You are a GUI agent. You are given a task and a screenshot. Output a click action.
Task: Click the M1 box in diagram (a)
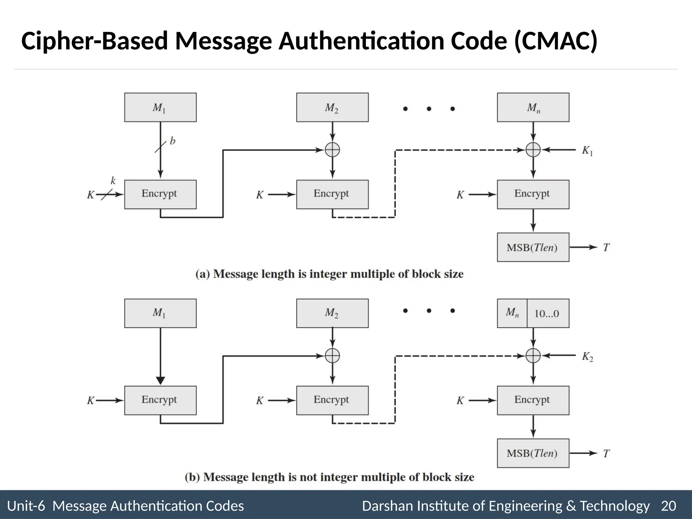(160, 107)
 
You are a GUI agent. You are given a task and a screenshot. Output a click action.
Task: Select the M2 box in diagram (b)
(332, 313)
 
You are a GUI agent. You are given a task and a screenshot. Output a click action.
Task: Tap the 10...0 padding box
(547, 313)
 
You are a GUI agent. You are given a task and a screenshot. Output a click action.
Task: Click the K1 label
(587, 151)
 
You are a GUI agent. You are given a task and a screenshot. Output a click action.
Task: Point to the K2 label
(587, 356)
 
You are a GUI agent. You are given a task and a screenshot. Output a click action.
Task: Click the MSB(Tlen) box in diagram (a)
(533, 247)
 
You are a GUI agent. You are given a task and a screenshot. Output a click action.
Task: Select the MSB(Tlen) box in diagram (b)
(533, 453)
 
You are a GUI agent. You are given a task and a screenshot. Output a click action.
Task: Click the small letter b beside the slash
(173, 141)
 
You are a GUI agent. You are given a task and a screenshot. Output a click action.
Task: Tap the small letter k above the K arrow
(113, 181)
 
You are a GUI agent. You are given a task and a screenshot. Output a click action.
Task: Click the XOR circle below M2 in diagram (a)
(332, 150)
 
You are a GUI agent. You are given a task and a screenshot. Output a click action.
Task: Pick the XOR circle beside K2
(533, 355)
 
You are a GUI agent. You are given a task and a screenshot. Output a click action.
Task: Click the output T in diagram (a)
(606, 248)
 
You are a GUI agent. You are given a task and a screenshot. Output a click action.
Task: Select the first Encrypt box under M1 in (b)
(160, 400)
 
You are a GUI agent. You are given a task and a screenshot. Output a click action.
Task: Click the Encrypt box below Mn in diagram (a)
(533, 194)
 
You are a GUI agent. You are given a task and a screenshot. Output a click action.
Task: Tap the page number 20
(668, 506)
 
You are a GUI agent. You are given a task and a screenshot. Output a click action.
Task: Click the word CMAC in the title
(556, 41)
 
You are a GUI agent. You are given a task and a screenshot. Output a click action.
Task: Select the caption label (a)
(203, 274)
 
